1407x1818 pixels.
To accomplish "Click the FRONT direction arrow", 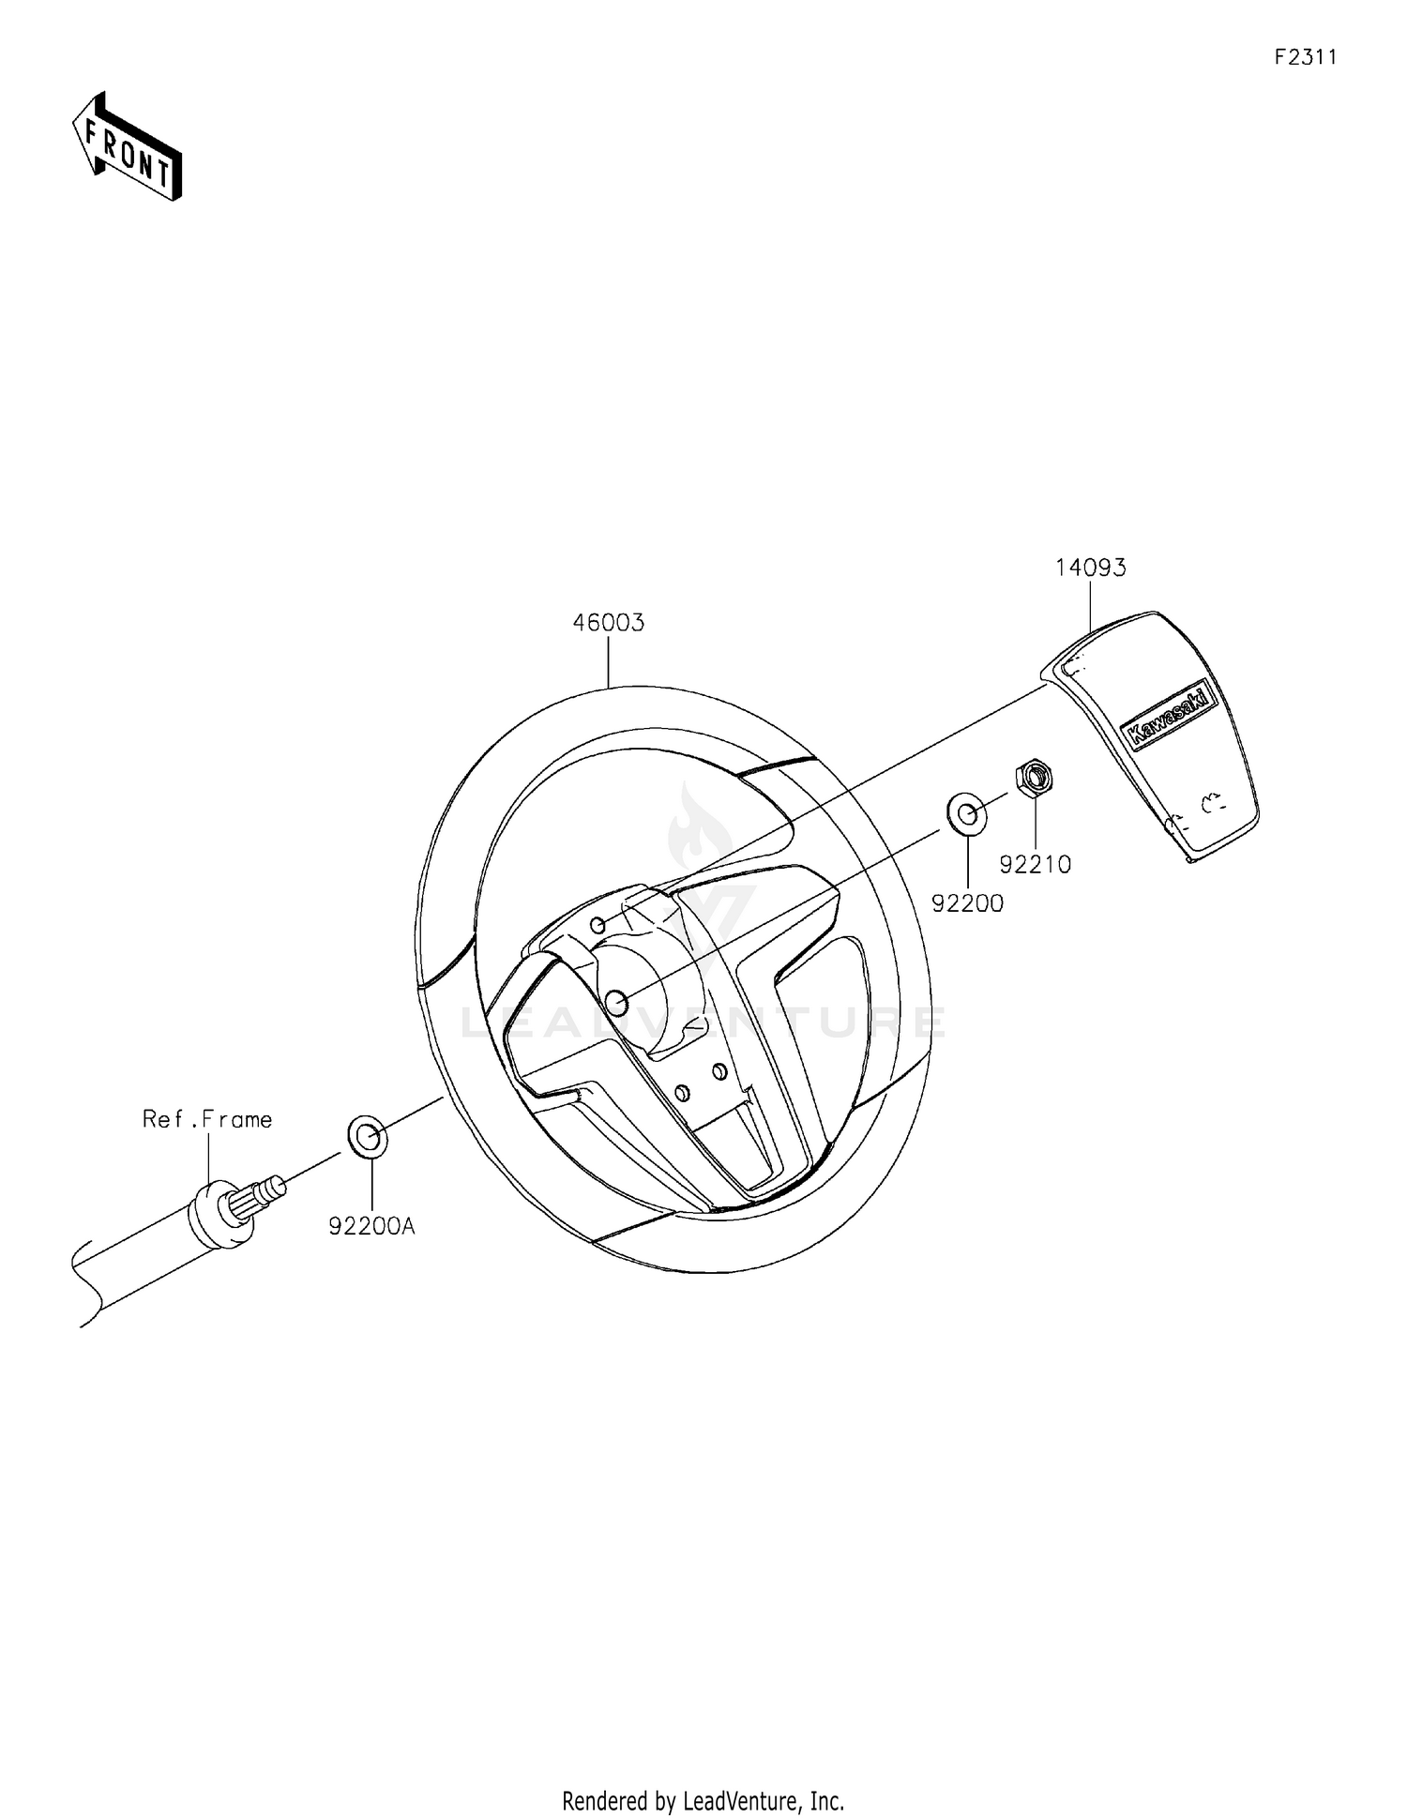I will pos(128,146).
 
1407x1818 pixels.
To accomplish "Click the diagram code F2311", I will pos(1305,57).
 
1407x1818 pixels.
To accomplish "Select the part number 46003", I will pos(609,623).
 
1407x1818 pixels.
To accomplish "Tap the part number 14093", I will pos(1090,568).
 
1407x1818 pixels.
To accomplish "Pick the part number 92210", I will pos(1035,865).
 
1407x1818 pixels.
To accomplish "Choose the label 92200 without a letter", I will pos(967,903).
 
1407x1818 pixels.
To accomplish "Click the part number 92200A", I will pos(371,1225).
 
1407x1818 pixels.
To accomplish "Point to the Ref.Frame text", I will pos(207,1119).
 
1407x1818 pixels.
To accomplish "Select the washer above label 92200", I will pos(966,813).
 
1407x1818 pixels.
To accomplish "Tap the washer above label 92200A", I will pos(368,1138).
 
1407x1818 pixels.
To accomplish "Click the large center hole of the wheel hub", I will pos(617,1003).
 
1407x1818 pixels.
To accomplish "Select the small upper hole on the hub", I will pos(598,927).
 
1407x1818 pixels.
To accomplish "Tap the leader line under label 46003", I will pos(609,661).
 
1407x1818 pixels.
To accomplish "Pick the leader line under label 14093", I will pos(1090,606).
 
